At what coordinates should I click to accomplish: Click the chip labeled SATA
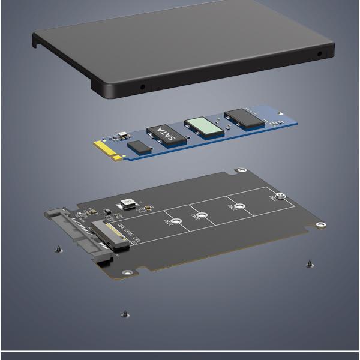[163, 134]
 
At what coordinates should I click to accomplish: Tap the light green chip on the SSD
[202, 125]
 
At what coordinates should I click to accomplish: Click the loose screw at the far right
[309, 263]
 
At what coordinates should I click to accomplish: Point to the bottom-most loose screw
[124, 313]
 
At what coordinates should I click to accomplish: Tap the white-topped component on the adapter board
[128, 204]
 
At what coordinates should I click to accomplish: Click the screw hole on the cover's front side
[142, 86]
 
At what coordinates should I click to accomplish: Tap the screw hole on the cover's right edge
[319, 54]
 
